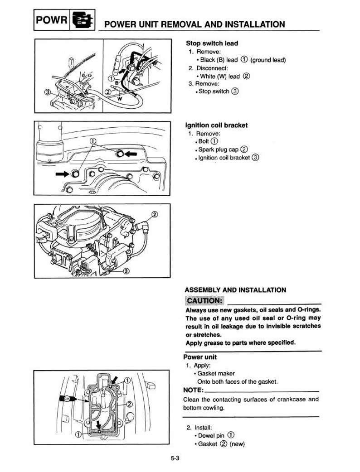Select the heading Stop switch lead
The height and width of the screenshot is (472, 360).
click(x=212, y=43)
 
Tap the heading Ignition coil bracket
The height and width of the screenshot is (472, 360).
click(x=217, y=125)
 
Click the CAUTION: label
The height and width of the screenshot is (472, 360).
click(x=204, y=301)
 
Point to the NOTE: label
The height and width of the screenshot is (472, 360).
click(x=193, y=390)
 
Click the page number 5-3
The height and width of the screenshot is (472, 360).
click(x=175, y=458)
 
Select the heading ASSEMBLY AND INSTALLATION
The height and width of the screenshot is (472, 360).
click(x=235, y=290)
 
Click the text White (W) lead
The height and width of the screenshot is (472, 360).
click(x=219, y=76)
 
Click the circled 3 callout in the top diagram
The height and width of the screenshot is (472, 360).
click(x=48, y=92)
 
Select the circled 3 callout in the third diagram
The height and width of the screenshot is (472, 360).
click(x=126, y=271)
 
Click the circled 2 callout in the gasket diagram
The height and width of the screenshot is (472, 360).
click(x=129, y=404)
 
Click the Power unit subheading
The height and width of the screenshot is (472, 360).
click(x=200, y=357)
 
